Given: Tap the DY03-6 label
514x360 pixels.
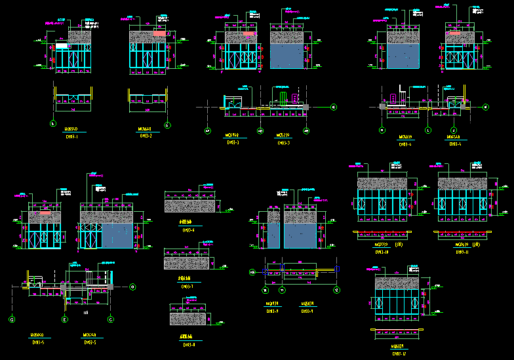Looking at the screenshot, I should click(188, 230).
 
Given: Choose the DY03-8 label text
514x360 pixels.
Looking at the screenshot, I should click(188, 344).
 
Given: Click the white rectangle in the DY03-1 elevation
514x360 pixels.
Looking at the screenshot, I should click(61, 47).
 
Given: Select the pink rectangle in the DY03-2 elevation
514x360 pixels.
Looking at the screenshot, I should click(160, 33).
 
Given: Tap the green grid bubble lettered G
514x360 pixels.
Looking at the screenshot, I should click(12, 319).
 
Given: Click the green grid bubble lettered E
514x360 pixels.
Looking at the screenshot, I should click(65, 319).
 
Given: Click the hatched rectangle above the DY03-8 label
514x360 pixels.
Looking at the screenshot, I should click(188, 319).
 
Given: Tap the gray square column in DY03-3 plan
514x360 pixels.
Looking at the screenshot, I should click(306, 106).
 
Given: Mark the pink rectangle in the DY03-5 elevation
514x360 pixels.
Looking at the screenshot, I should click(45, 213).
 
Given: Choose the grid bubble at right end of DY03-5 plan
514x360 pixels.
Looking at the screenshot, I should click(132, 287).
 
